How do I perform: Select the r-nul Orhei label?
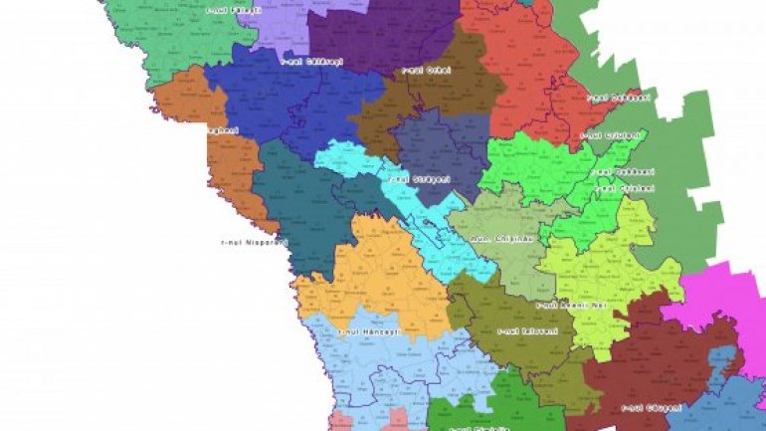pyautogui.click(x=427, y=71)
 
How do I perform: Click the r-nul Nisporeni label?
pyautogui.click(x=254, y=242)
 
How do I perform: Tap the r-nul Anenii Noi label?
pyautogui.click(x=571, y=305)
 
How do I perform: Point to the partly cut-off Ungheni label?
pyautogui.click(x=221, y=130)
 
